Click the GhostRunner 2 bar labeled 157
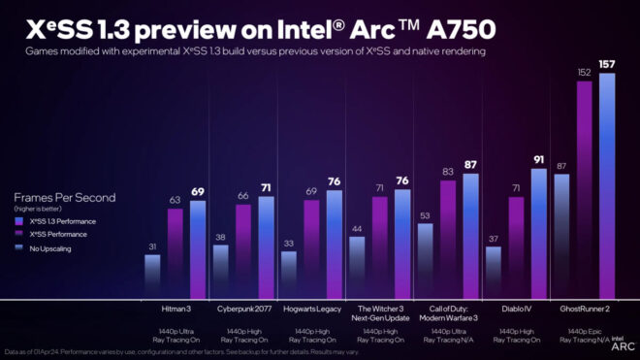coord(607,184)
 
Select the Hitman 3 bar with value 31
coord(151,277)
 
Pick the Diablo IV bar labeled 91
coord(539,233)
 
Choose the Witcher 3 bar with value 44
coord(356,267)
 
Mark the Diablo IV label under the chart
coord(515,310)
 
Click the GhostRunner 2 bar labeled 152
coord(585,189)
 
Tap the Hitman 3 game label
coord(175,310)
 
